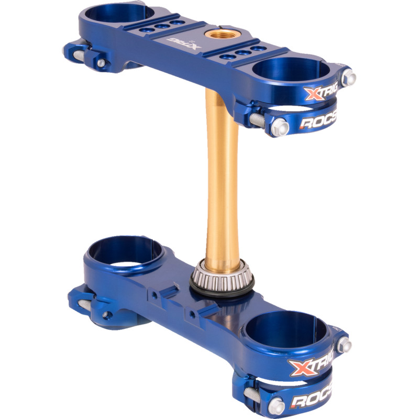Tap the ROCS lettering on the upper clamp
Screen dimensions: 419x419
pyautogui.click(x=318, y=124)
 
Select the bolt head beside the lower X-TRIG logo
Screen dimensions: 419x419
pyautogui.click(x=345, y=344)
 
